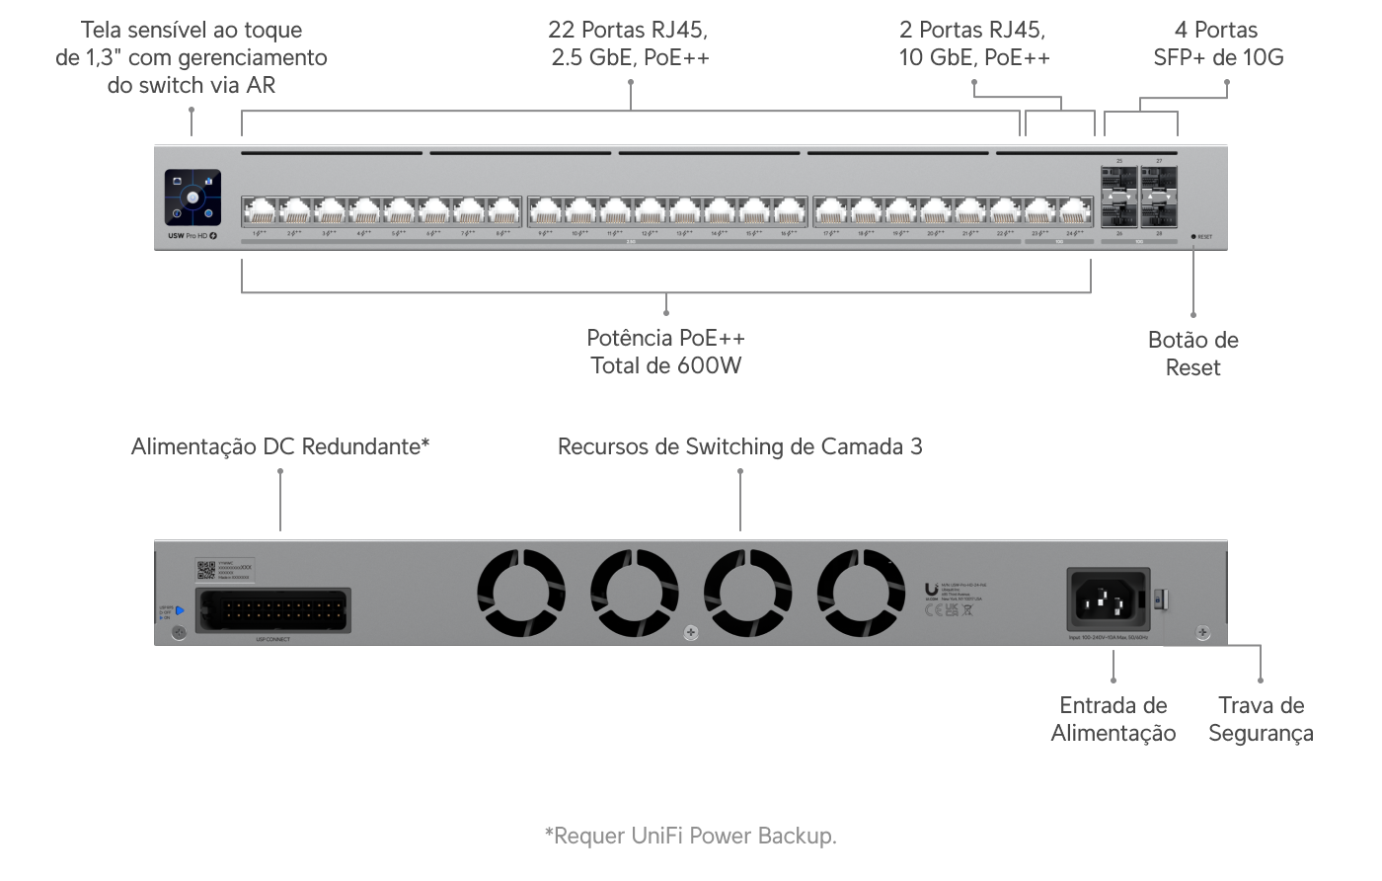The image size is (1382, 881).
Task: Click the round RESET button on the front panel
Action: (x=1193, y=237)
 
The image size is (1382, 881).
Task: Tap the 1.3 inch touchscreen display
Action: (x=193, y=199)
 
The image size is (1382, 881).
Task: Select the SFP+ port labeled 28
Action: (x=1159, y=212)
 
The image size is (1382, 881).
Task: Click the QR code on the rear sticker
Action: (x=206, y=570)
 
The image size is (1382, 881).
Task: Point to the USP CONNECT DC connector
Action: (x=272, y=610)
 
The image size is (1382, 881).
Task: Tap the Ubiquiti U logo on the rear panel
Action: (x=931, y=591)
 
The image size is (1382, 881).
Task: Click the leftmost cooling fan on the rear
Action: (x=520, y=593)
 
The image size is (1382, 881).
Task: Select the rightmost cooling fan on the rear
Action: (x=861, y=593)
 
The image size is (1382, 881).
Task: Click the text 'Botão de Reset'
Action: (x=1192, y=354)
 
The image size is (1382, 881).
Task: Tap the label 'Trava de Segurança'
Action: (x=1261, y=719)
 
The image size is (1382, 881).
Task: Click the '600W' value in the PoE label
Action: (x=709, y=366)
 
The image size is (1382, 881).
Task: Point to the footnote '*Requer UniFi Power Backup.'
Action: (x=691, y=837)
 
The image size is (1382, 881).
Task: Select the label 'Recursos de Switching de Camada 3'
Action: (x=739, y=447)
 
